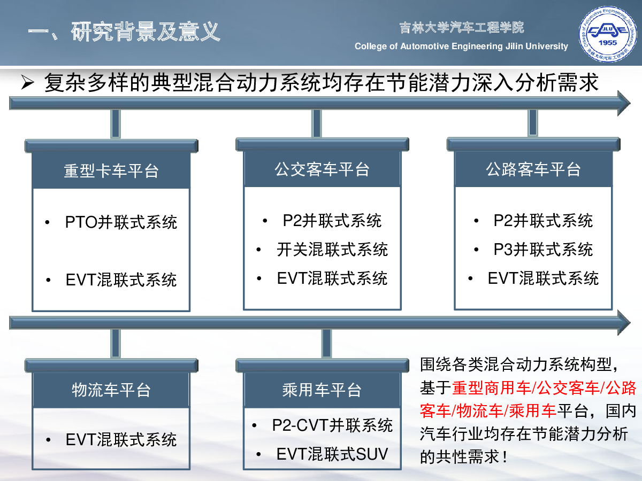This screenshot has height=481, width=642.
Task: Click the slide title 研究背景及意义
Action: point(146,32)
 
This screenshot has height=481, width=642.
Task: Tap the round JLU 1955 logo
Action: point(607,34)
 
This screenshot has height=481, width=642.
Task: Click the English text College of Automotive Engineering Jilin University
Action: point(461,46)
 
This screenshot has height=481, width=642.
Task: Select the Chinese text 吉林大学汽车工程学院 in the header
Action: point(462,28)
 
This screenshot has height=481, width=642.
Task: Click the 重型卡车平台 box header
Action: point(111,170)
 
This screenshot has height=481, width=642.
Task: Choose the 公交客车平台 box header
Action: point(322,169)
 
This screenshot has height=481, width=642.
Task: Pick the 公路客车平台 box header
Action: point(533,169)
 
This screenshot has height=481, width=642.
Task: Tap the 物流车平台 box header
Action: point(111,390)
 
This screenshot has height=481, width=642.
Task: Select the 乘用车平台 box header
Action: point(322,390)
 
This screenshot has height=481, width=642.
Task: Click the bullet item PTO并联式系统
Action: point(121,222)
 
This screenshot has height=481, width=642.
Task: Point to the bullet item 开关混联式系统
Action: point(332,250)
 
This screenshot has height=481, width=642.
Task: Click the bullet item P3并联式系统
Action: point(543,250)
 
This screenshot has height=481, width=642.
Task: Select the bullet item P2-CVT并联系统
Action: point(332,425)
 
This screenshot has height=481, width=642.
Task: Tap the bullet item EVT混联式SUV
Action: point(332,454)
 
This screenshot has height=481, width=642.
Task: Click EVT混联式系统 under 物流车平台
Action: point(121,439)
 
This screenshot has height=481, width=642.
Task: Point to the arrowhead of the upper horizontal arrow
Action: point(624,103)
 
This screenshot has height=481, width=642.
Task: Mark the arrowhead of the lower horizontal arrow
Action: point(624,323)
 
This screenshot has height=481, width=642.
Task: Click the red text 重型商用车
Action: point(491,388)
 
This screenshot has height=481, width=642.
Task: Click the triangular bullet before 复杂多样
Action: point(28,83)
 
